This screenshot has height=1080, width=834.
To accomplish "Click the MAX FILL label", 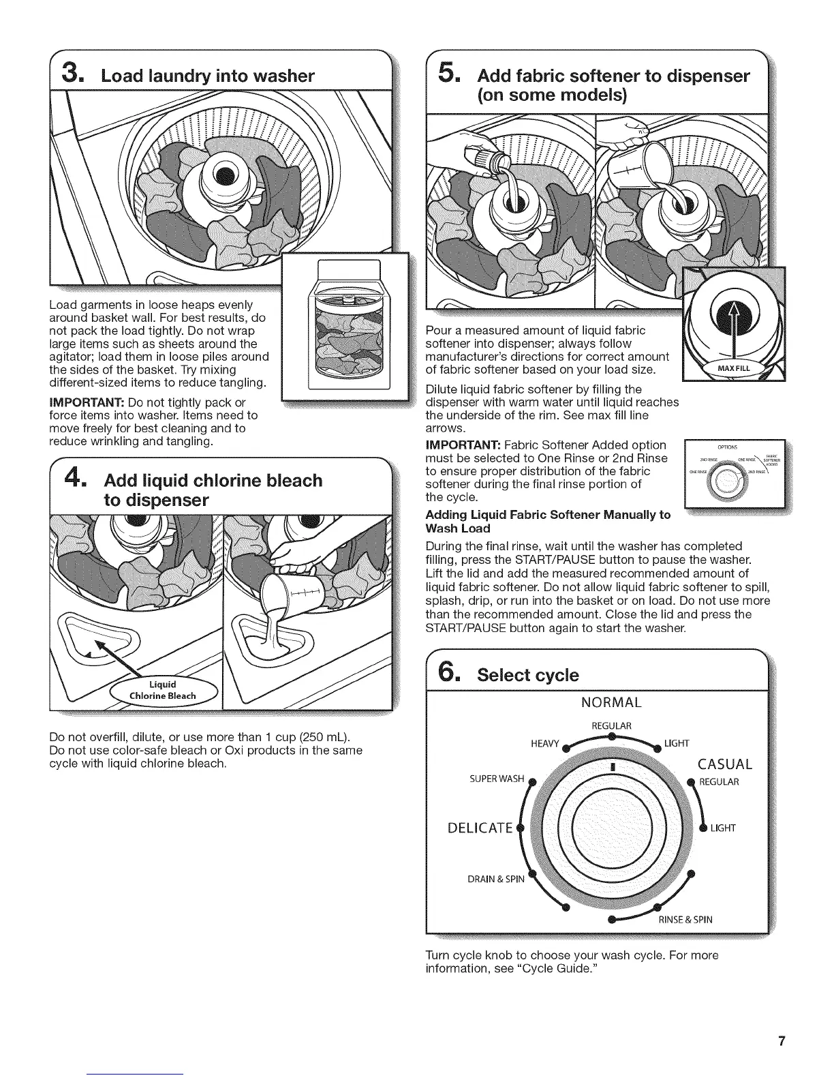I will pos(732,369).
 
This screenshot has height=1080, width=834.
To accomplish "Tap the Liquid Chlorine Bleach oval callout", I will pos(164,690).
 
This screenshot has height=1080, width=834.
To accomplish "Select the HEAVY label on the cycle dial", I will pos(545,742).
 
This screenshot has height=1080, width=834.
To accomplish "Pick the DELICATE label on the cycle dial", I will pos(480,828).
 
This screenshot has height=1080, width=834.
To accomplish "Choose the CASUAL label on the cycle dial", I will pos(725,764).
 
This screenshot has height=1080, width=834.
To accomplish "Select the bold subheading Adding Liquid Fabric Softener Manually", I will pos(548,521).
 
